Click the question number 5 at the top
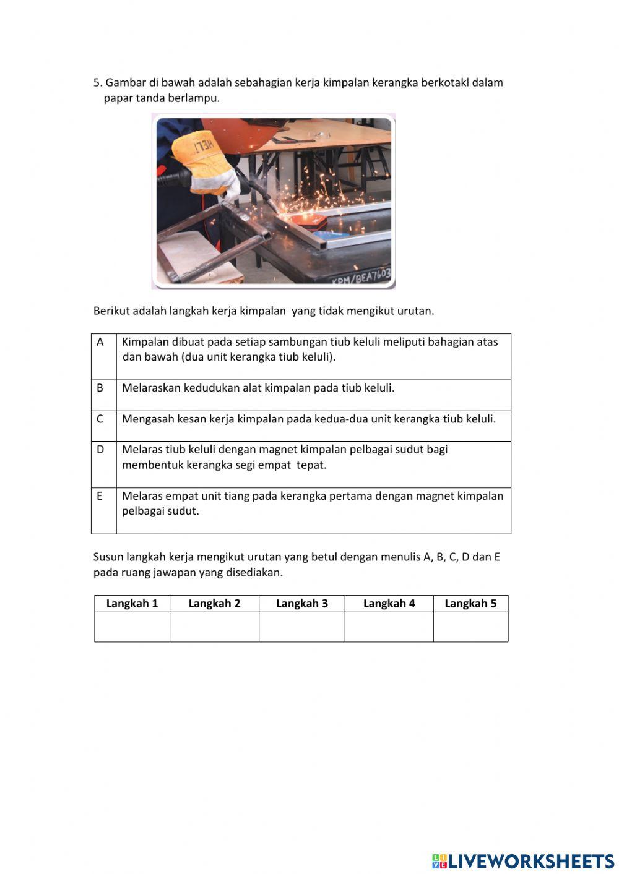pyautogui.click(x=97, y=83)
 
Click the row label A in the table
pyautogui.click(x=100, y=342)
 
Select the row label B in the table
pyautogui.click(x=100, y=388)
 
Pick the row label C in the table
pyautogui.click(x=100, y=419)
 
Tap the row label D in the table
pyautogui.click(x=100, y=450)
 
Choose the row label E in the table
pyautogui.click(x=100, y=496)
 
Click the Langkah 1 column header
pyautogui.click(x=132, y=604)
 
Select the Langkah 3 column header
pyautogui.click(x=301, y=604)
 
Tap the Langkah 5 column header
pyautogui.click(x=470, y=604)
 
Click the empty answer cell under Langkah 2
pyautogui.click(x=214, y=627)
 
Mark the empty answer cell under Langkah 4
pyautogui.click(x=389, y=627)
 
